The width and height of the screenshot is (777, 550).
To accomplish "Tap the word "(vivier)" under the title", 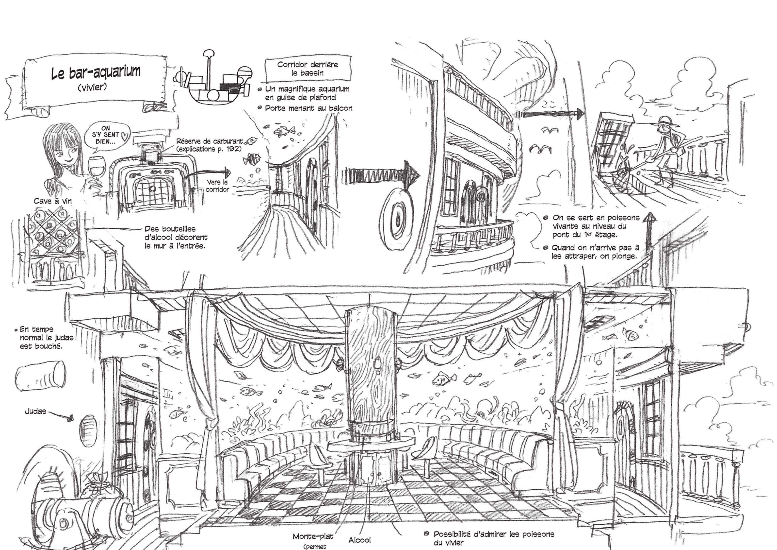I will tap(92, 87).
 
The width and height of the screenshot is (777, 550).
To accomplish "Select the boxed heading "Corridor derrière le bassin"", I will tap(307, 69).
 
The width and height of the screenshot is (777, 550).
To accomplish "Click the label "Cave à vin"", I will tap(52, 201).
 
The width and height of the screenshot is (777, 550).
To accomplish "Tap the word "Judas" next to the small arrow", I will tap(35, 412).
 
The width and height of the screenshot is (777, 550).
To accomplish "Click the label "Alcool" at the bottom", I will tap(359, 540).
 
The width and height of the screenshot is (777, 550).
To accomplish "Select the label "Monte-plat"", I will tap(313, 536).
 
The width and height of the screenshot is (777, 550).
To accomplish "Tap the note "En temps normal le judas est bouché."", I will tap(44, 338).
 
